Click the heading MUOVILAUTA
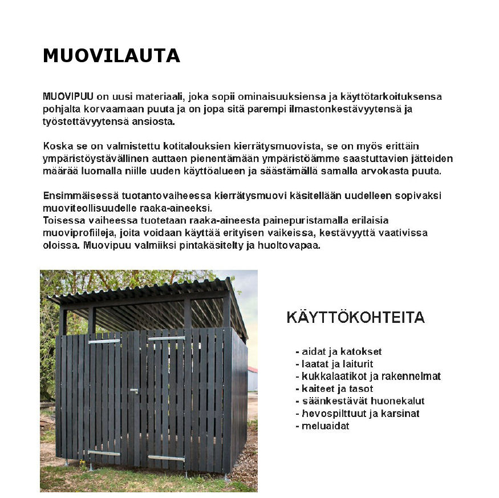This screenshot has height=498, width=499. (x=111, y=56)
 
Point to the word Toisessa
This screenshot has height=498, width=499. (x=62, y=221)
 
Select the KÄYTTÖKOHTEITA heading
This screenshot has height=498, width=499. (x=355, y=318)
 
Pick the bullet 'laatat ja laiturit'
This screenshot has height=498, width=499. (x=338, y=364)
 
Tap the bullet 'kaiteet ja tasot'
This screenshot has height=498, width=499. (x=337, y=388)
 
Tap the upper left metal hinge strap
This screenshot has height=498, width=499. (x=104, y=341)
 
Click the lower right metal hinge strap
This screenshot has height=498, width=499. (x=167, y=458)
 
